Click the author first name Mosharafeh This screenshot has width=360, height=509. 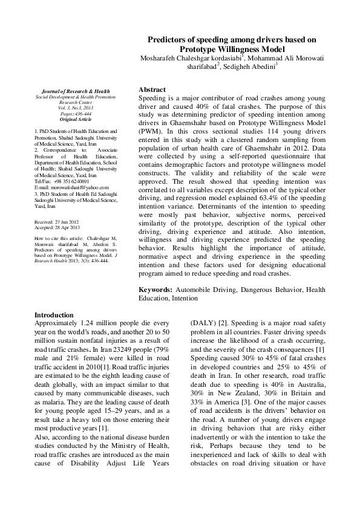coord(162,58)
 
